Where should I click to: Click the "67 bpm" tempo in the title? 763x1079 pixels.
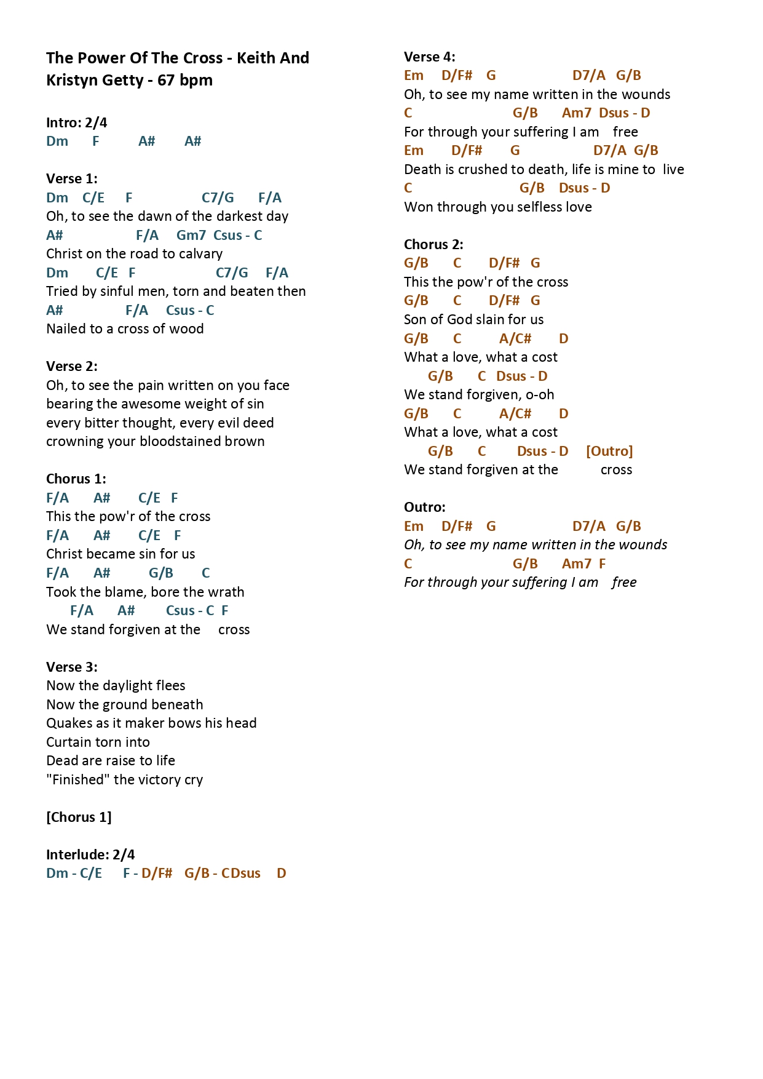pyautogui.click(x=185, y=81)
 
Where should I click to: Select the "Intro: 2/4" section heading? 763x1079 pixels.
pyautogui.click(x=77, y=123)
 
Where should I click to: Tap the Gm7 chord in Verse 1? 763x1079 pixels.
pyautogui.click(x=191, y=235)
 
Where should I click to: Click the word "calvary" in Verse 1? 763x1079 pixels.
pyautogui.click(x=200, y=254)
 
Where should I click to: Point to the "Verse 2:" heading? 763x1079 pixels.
pyautogui.click(x=72, y=367)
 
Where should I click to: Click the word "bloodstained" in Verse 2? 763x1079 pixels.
pyautogui.click(x=184, y=442)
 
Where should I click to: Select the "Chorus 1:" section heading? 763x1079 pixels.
pyautogui.click(x=76, y=479)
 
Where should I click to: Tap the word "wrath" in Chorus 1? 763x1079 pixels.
pyautogui.click(x=227, y=592)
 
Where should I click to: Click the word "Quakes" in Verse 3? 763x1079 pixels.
pyautogui.click(x=66, y=723)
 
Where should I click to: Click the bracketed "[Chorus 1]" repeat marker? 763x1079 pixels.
pyautogui.click(x=79, y=818)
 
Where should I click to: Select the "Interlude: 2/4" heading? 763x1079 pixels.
pyautogui.click(x=90, y=855)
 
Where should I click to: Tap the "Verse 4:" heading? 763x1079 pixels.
pyautogui.click(x=430, y=57)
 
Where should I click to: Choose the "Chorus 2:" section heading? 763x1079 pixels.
pyautogui.click(x=433, y=245)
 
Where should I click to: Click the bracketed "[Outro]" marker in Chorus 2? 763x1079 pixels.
pyautogui.click(x=609, y=452)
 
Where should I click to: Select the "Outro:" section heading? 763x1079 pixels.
pyautogui.click(x=425, y=508)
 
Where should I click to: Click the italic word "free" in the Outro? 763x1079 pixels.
pyautogui.click(x=624, y=583)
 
